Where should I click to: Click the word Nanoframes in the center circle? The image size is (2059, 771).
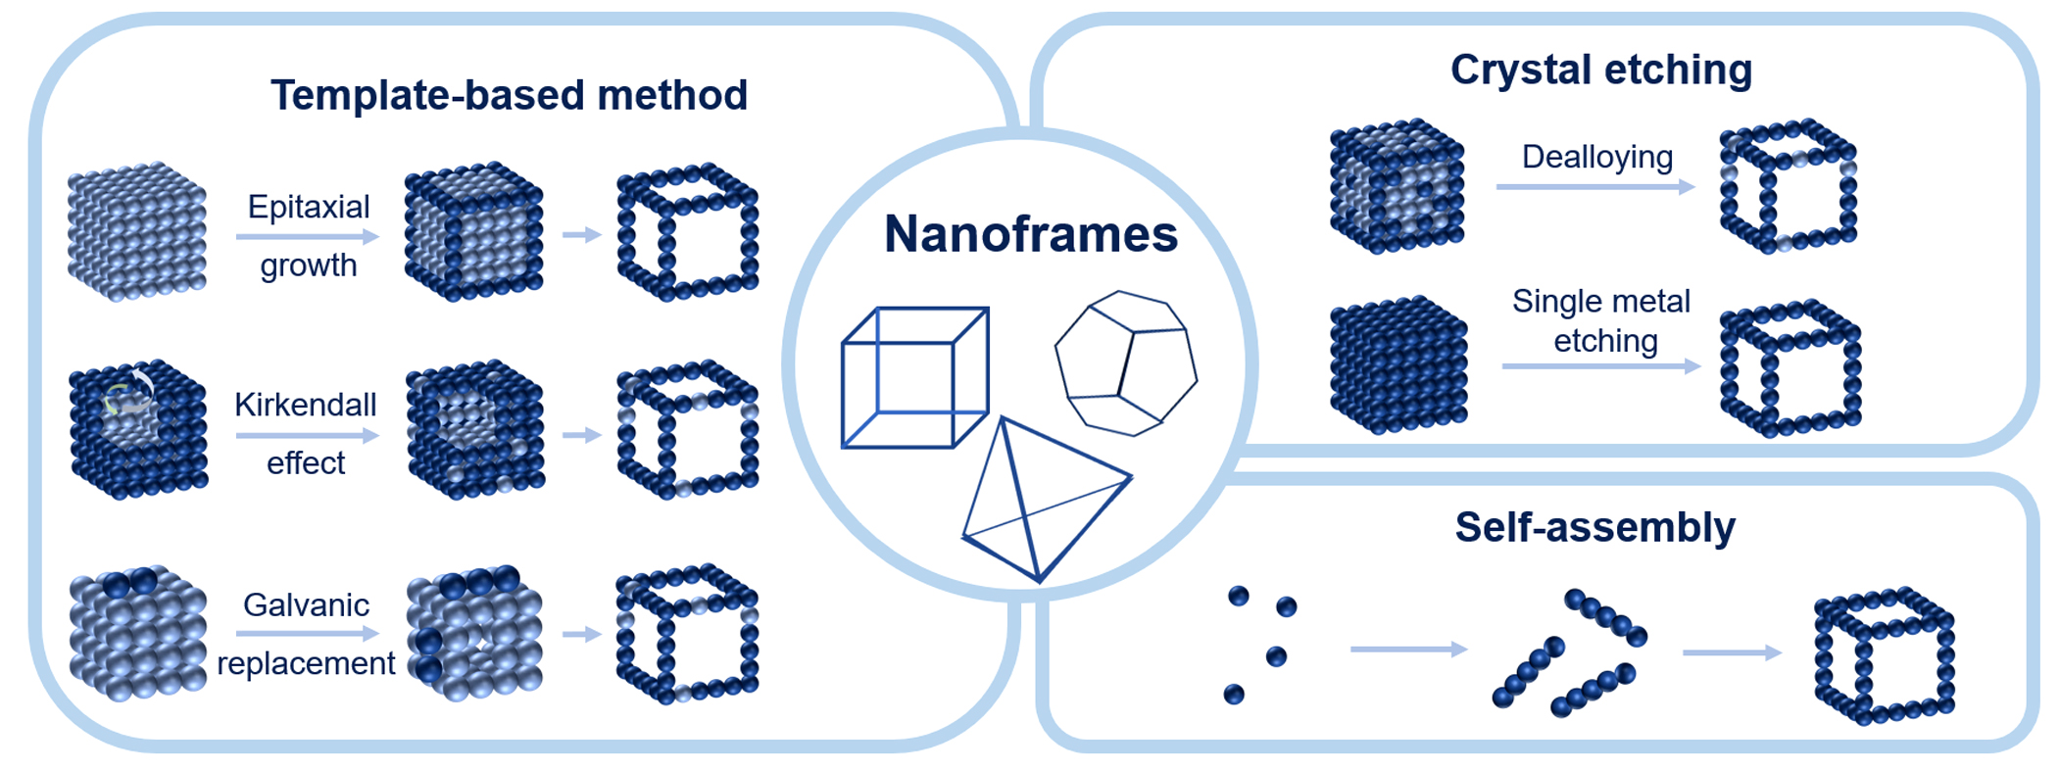[x=1030, y=235]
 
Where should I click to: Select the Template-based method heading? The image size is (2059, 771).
[x=509, y=96]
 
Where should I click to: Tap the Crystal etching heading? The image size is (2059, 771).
[x=1600, y=70]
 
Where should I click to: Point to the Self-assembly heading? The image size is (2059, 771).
[x=1594, y=527]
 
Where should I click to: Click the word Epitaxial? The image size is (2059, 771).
[x=309, y=207]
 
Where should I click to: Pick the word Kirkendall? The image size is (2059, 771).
[x=306, y=405]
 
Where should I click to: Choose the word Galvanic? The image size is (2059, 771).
[x=306, y=604]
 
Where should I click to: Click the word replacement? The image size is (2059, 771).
[x=306, y=663]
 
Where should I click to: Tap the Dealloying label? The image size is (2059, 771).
[x=1596, y=157]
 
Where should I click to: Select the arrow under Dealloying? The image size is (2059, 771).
[x=1594, y=186]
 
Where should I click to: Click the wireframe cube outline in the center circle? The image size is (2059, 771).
[x=914, y=378]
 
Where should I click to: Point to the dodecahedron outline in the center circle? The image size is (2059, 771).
[x=1126, y=362]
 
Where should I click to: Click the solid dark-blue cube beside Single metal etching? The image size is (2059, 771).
[x=1398, y=364]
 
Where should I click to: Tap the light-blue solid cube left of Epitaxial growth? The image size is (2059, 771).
[x=137, y=232]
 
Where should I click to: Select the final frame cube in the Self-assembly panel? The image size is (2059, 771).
[x=1884, y=655]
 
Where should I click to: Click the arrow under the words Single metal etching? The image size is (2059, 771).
[x=1600, y=366]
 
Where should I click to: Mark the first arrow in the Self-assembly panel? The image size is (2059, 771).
[x=1407, y=649]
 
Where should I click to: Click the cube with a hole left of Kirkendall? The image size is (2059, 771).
[x=138, y=428]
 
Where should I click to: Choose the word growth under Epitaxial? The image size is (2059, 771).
[x=309, y=265]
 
